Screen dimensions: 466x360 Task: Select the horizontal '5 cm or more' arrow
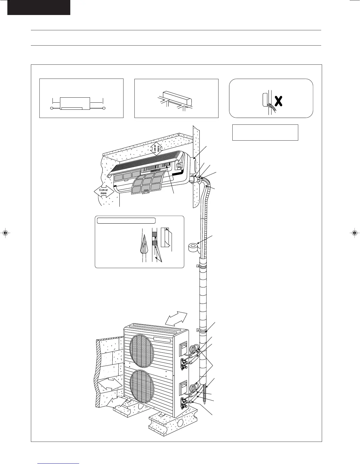pos(104,192)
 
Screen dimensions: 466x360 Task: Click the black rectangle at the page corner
pos(39,7)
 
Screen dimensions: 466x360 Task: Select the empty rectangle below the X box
pos(265,132)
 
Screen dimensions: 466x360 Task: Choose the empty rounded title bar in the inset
pos(126,221)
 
